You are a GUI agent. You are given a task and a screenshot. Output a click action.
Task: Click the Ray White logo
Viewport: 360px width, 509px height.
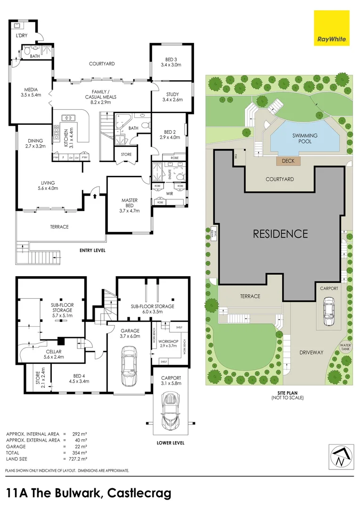[331, 28]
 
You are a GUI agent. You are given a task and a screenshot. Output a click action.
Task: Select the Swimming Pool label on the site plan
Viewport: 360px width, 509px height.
[305, 139]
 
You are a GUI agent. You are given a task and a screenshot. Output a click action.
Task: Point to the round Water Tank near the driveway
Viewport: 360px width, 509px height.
[345, 346]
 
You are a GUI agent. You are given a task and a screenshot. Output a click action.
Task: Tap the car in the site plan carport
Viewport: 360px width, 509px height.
[328, 311]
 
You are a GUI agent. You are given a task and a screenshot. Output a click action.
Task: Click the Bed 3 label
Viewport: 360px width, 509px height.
[170, 59]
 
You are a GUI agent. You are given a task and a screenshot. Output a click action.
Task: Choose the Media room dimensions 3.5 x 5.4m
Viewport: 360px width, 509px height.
[32, 95]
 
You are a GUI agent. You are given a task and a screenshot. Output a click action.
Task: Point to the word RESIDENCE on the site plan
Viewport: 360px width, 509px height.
[280, 233]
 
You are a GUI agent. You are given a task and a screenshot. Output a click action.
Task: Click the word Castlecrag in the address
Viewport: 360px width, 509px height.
[139, 493]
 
